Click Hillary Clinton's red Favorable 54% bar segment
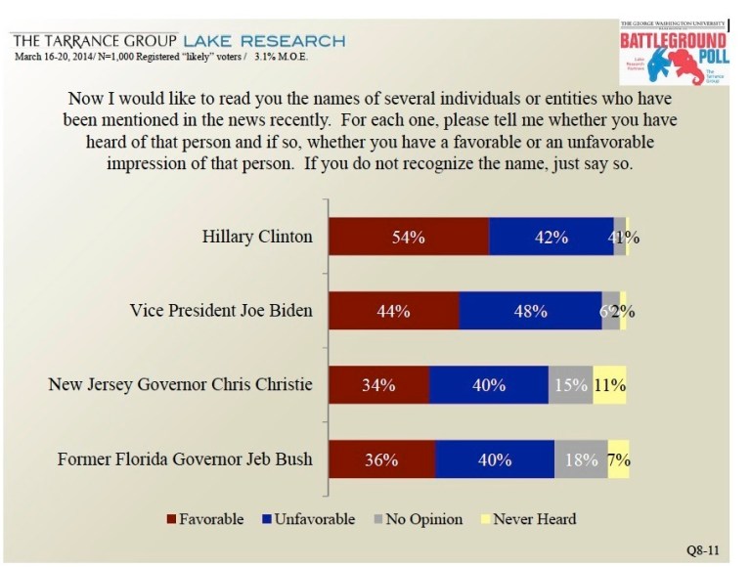pyautogui.click(x=408, y=238)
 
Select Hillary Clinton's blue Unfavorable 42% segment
pyautogui.click(x=551, y=238)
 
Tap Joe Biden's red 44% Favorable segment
pyautogui.click(x=393, y=311)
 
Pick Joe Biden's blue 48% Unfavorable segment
pyautogui.click(x=530, y=311)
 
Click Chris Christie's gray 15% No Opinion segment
pyautogui.click(x=570, y=385)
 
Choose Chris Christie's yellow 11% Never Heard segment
pyautogui.click(x=610, y=385)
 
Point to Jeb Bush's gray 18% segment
pyautogui.click(x=581, y=458)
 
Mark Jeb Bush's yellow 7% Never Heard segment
pyautogui.click(x=619, y=458)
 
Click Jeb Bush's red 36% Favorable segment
pyautogui.click(x=381, y=458)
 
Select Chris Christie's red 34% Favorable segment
pyautogui.click(x=378, y=385)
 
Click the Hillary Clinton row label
pyautogui.click(x=257, y=238)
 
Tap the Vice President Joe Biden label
pyautogui.click(x=221, y=311)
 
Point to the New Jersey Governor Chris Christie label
pyautogui.click(x=181, y=385)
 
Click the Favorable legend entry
pyautogui.click(x=205, y=519)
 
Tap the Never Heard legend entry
pyautogui.click(x=528, y=519)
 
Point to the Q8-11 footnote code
pyautogui.click(x=706, y=551)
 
